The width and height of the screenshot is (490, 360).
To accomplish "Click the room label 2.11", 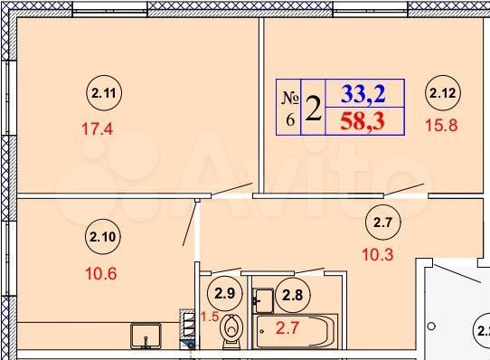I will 102,91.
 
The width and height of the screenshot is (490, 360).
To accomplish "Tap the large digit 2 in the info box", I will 313,108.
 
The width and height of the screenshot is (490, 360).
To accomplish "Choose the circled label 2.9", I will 223,292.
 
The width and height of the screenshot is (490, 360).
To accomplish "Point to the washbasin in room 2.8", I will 265,298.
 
